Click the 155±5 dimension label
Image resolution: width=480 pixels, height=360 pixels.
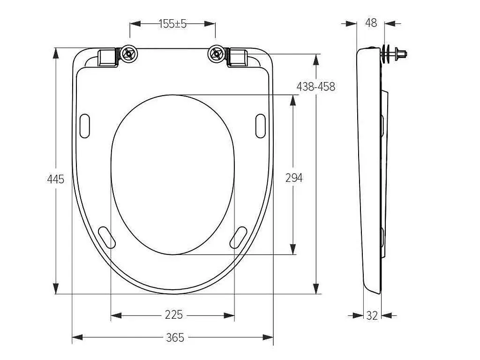point(172,23)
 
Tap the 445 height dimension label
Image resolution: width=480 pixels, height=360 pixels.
point(56,179)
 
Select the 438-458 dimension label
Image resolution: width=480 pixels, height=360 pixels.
point(316,87)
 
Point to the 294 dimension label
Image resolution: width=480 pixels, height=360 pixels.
point(294,178)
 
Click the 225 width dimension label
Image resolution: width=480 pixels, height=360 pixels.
point(173,315)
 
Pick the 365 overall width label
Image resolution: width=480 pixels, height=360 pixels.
point(175,337)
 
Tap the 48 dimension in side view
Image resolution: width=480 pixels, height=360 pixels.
point(371,22)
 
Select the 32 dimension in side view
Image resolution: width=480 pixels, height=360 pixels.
point(372,315)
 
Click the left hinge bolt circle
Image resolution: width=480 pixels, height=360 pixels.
point(129,54)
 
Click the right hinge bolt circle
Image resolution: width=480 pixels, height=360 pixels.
point(216,54)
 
